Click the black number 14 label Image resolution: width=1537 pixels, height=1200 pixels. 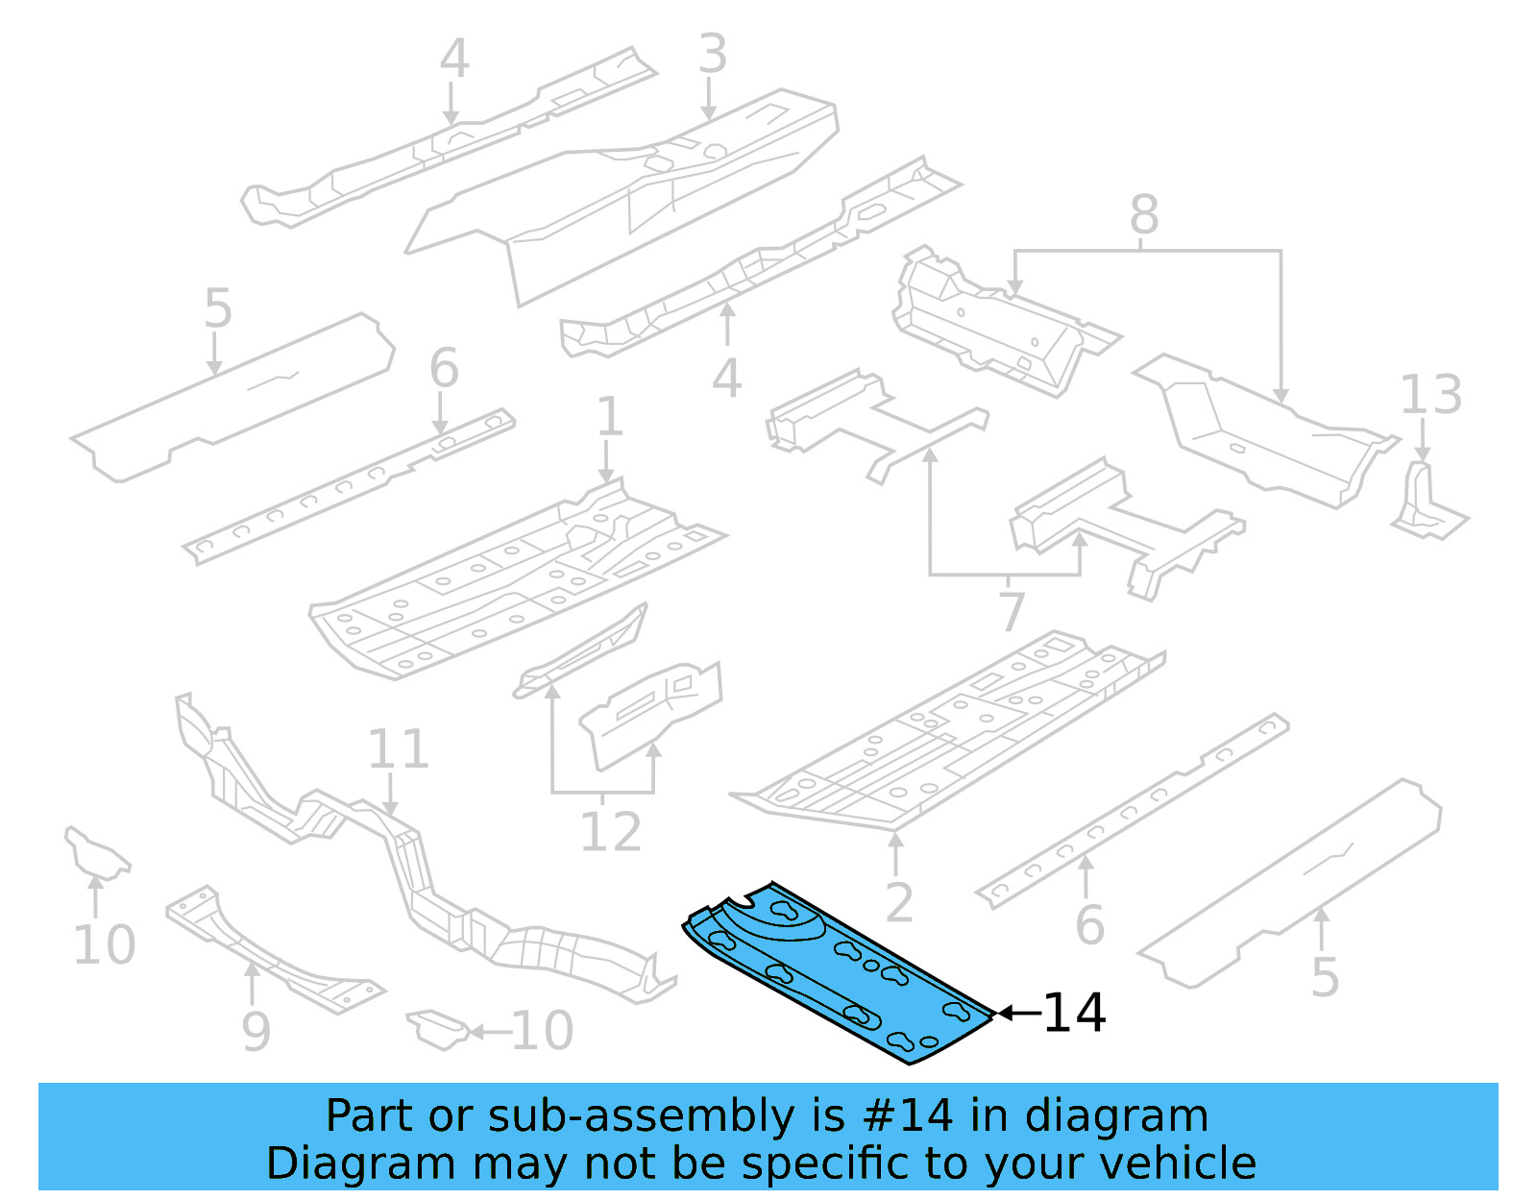[1074, 1014]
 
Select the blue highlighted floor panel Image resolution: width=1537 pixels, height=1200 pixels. [836, 970]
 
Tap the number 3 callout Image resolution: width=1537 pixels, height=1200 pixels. [712, 54]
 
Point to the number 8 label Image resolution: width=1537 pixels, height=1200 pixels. [1143, 215]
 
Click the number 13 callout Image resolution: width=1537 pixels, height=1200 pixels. [1430, 395]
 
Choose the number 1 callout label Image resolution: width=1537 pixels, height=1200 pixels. [609, 417]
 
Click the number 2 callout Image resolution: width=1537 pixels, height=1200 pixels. [898, 902]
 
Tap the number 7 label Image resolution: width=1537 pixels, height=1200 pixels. [1012, 611]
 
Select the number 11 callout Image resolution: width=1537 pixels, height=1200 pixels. [397, 749]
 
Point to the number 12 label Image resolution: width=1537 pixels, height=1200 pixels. [610, 832]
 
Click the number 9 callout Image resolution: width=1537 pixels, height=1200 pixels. [256, 1032]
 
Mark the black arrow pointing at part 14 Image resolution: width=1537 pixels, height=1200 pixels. [1018, 1013]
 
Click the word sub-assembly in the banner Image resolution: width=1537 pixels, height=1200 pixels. [641, 1116]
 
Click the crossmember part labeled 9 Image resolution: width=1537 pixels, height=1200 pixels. [274, 951]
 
